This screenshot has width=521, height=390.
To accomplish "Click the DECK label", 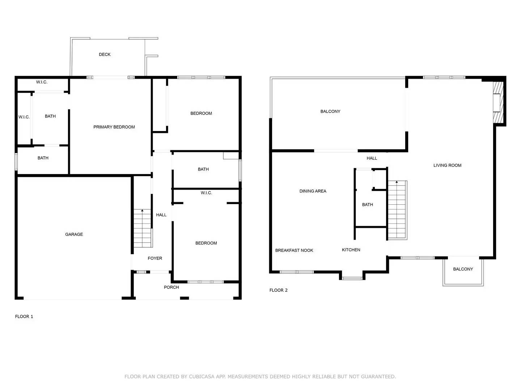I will [x=105, y=55].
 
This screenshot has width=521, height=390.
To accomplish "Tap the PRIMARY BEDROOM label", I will [x=114, y=127].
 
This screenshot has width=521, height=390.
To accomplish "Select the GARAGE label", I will [x=74, y=234].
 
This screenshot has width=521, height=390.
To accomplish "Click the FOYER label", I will [x=155, y=258].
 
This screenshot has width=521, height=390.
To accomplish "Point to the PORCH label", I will [x=171, y=287].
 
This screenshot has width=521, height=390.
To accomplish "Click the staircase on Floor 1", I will [x=142, y=228].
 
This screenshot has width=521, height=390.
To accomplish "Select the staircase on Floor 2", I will [x=397, y=210].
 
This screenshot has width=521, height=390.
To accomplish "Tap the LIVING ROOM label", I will [x=447, y=165].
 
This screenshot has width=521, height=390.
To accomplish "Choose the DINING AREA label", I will [x=313, y=191].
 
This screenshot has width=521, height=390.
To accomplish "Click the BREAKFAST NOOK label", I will [x=294, y=250].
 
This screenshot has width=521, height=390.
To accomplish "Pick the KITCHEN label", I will [x=351, y=250].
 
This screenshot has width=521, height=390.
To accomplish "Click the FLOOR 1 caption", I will [x=24, y=317].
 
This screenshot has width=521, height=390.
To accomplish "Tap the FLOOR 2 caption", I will [x=279, y=290].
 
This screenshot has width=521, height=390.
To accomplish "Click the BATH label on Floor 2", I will [x=367, y=205].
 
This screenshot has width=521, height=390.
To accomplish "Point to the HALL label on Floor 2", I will [x=372, y=158].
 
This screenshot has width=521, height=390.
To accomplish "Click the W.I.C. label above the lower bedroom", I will [x=206, y=193].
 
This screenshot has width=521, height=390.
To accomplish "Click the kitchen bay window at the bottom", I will [x=352, y=278].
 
